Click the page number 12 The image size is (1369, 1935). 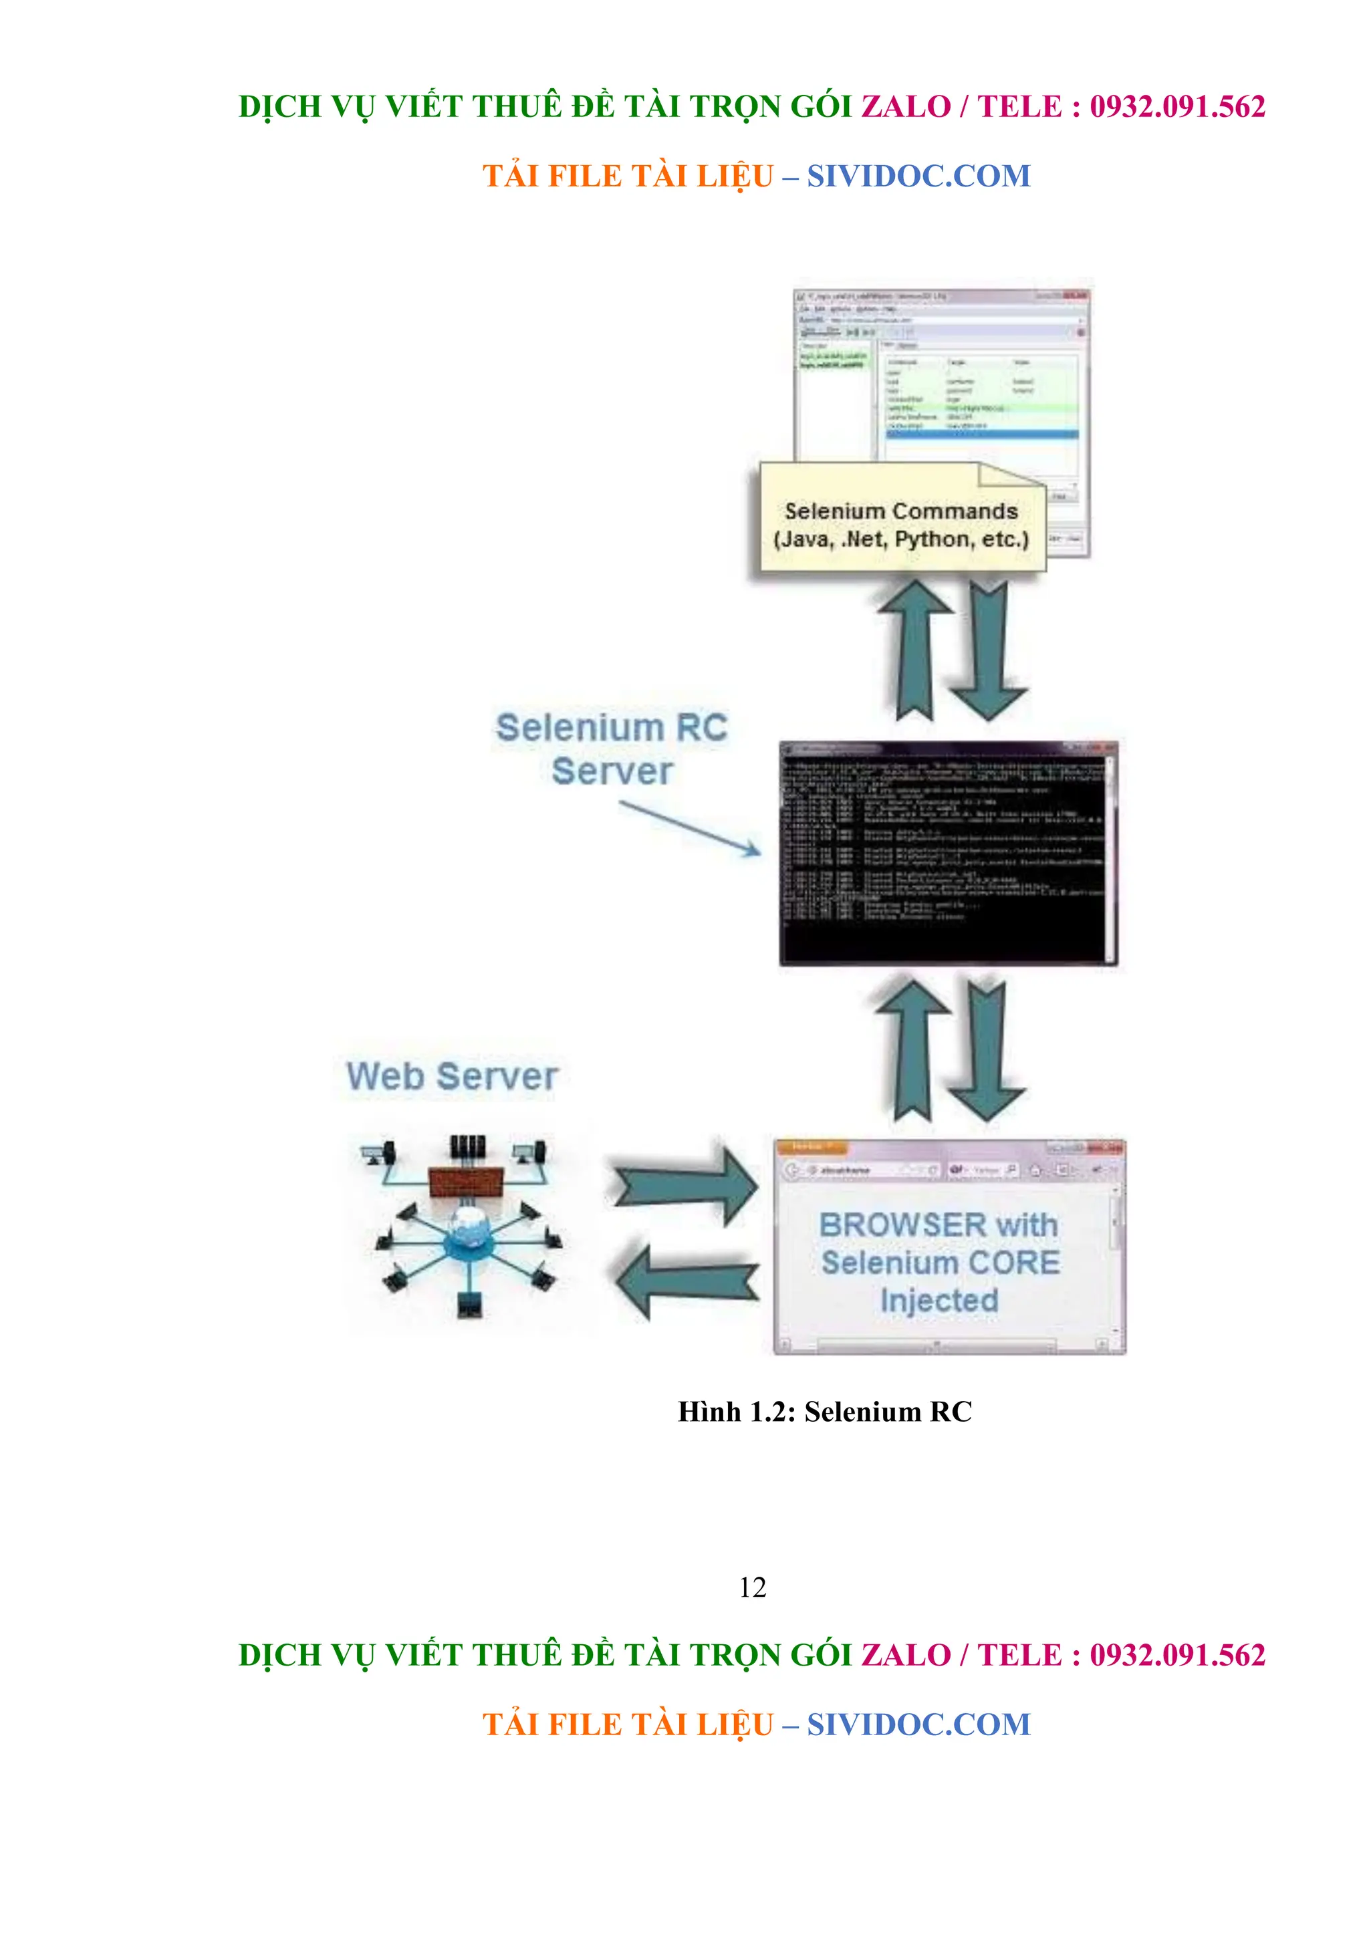click(x=752, y=1588)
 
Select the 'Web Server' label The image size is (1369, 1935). click(x=453, y=1076)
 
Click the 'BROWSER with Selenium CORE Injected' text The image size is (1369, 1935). click(x=939, y=1262)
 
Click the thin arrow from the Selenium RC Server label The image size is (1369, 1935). click(x=691, y=827)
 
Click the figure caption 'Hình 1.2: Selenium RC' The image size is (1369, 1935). click(x=824, y=1412)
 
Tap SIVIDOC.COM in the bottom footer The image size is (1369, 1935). click(x=919, y=1725)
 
